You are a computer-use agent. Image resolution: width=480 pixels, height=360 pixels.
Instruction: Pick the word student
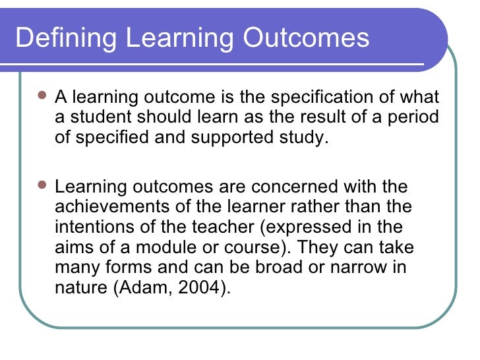coord(97,119)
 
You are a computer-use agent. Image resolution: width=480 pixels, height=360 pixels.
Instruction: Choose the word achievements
coord(112,207)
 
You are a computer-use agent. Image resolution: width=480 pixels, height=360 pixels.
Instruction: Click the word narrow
coord(359,268)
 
